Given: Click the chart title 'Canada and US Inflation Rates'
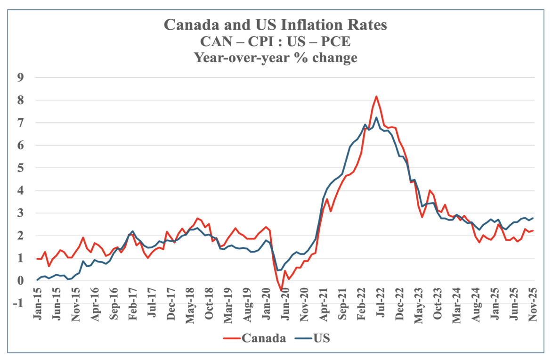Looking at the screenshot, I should coord(276,25).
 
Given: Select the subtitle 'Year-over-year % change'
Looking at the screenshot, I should coord(276,57).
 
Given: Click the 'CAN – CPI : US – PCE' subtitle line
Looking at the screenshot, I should coord(276,41).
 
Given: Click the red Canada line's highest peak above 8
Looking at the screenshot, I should coord(376,97).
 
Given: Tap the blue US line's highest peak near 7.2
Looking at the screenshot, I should coord(376,117).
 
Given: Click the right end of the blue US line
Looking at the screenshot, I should coord(533,218).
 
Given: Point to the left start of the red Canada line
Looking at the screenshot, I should coord(37,259).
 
